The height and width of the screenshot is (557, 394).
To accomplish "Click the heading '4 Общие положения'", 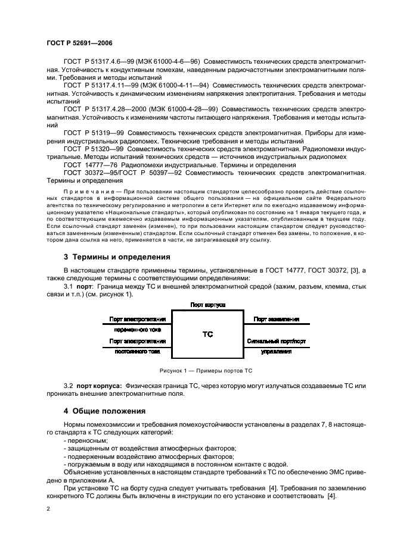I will (106, 411).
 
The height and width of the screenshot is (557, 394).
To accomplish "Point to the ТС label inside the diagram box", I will (207, 335).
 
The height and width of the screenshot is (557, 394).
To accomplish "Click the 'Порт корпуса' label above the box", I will (207, 304).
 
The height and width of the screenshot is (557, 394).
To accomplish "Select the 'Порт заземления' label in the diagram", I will (276, 320).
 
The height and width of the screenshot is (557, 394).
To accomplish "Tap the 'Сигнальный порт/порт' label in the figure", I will (276, 342).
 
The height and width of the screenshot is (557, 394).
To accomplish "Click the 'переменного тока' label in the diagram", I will (138, 330).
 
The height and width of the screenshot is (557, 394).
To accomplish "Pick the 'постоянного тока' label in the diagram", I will (138, 352).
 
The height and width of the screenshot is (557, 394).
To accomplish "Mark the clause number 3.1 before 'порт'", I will (69, 287).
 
